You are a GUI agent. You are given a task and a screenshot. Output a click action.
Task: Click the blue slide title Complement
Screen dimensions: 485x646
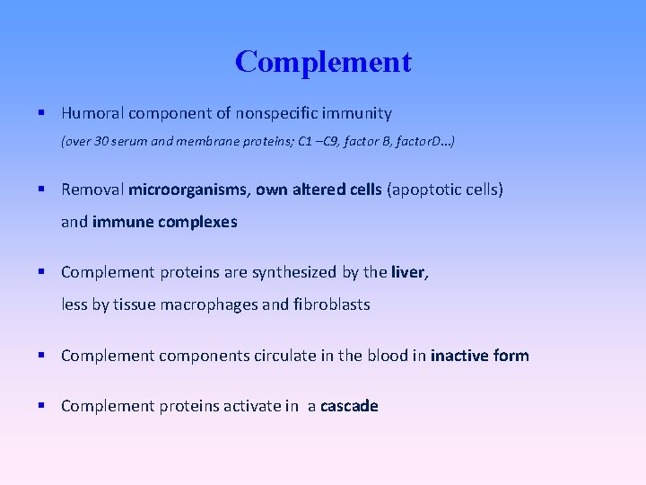click(x=323, y=62)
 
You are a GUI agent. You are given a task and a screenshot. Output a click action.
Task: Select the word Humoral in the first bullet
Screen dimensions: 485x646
click(x=92, y=113)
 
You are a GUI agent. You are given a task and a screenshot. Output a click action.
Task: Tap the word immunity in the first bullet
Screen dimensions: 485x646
click(x=360, y=113)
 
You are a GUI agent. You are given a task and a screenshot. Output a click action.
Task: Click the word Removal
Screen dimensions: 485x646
click(x=92, y=190)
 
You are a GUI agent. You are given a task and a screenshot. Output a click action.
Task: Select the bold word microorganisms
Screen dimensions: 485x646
click(x=189, y=190)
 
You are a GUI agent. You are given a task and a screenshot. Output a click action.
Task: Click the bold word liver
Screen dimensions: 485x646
click(x=409, y=272)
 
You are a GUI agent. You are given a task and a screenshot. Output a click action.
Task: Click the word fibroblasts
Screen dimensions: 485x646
click(x=331, y=304)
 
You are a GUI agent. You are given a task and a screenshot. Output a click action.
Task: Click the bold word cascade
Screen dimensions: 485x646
click(x=349, y=406)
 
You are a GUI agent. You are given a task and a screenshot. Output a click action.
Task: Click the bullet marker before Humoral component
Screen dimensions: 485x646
click(x=42, y=113)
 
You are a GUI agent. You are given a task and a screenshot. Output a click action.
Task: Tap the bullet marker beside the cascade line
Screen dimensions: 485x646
click(x=42, y=406)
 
